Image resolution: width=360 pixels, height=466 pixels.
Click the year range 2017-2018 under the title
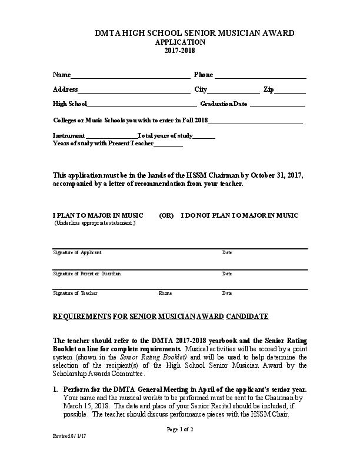tap(179, 51)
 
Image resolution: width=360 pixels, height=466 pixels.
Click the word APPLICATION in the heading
tap(179, 42)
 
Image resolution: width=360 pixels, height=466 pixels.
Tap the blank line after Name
tap(130, 76)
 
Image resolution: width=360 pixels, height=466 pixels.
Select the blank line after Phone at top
tap(260, 76)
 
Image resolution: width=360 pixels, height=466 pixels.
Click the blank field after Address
tap(134, 91)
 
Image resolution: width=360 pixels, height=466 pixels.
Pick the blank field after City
tap(234, 91)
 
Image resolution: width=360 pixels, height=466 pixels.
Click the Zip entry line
tap(290, 91)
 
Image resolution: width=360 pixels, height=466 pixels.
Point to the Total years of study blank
tap(204, 137)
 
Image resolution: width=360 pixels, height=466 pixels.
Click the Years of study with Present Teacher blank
tap(168, 145)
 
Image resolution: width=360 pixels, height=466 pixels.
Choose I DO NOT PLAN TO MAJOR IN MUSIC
tap(239, 216)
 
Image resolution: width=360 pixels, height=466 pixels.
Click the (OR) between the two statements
tap(166, 216)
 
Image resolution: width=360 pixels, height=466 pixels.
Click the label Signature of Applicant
tap(77, 252)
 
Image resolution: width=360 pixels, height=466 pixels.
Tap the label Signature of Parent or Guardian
tap(87, 274)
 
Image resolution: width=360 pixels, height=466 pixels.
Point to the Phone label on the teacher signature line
tap(165, 293)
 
